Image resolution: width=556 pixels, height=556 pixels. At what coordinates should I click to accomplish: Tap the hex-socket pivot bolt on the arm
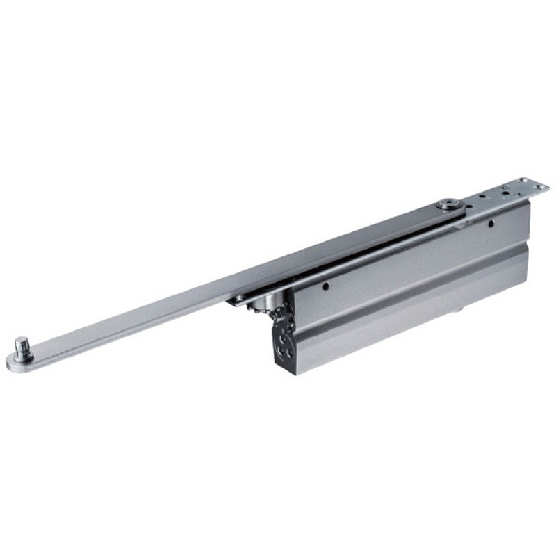click(x=446, y=206)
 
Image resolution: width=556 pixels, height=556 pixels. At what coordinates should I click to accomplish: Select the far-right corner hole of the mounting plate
click(x=539, y=186)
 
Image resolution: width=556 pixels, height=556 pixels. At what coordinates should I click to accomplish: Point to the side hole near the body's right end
click(x=491, y=224)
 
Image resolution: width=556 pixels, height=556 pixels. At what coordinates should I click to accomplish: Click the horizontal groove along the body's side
click(x=410, y=293)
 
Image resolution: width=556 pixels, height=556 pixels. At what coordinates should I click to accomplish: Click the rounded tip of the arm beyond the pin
click(x=12, y=362)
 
